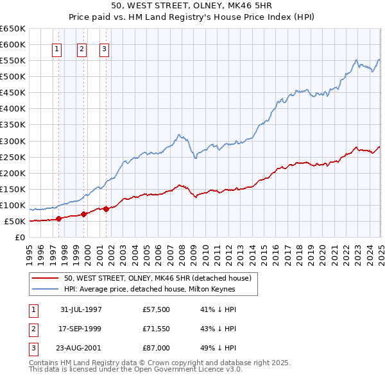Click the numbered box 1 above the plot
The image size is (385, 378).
tap(56, 49)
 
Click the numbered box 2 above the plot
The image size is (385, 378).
tap(82, 49)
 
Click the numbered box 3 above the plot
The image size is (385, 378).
tap(104, 49)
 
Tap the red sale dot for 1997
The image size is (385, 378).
tap(59, 218)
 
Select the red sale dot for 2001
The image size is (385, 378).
tap(107, 209)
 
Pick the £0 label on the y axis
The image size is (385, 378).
tap(19, 238)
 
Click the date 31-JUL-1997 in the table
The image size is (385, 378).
tap(81, 309)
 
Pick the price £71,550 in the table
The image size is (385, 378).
tap(157, 329)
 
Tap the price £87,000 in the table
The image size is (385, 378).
tap(157, 349)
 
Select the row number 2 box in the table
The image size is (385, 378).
tap(32, 329)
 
